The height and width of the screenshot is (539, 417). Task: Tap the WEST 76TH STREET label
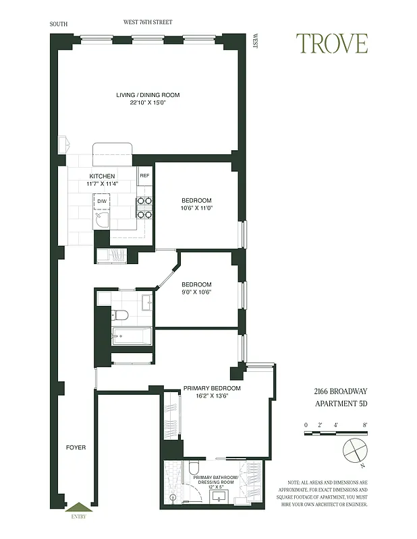coord(147,22)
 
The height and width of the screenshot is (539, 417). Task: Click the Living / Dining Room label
coord(148,95)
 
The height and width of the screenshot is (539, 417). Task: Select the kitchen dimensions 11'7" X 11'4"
coord(103,183)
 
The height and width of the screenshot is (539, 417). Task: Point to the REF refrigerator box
coord(144,176)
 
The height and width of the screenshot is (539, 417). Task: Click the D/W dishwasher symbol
coord(102,201)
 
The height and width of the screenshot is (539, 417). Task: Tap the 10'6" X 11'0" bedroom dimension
coord(197,208)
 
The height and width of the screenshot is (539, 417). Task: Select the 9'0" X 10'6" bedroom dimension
coord(196,292)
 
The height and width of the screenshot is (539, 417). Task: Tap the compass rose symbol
coord(354,451)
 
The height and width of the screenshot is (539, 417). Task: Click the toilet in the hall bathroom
coord(121,315)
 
